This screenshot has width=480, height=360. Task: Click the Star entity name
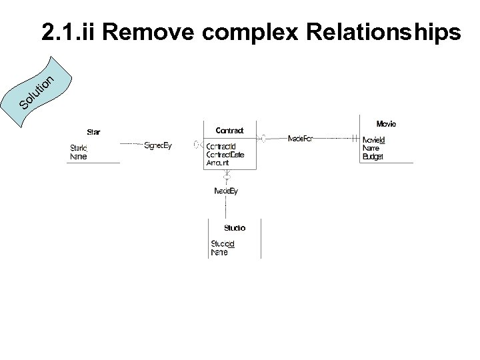tap(93, 131)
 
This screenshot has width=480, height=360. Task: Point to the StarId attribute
tap(79, 148)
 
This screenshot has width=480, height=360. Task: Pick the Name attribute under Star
tap(78, 157)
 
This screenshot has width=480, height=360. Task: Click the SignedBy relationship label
tap(158, 145)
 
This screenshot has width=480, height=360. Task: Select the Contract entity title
tap(229, 130)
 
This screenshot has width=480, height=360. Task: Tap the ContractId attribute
tap(221, 147)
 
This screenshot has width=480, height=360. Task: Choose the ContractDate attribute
tap(225, 155)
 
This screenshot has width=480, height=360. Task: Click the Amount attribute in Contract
tap(218, 163)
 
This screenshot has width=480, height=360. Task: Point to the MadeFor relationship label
tap(301, 139)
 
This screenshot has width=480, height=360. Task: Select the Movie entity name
tap(386, 124)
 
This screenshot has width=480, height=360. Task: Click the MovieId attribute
tap(373, 140)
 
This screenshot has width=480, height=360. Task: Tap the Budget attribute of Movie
tap(372, 156)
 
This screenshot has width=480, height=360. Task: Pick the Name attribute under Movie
tap(371, 148)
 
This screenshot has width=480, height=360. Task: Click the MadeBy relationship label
tap(226, 191)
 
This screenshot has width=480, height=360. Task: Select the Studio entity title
tap(234, 228)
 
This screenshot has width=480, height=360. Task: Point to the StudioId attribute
tap(223, 244)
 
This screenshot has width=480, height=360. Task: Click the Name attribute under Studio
tap(219, 253)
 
